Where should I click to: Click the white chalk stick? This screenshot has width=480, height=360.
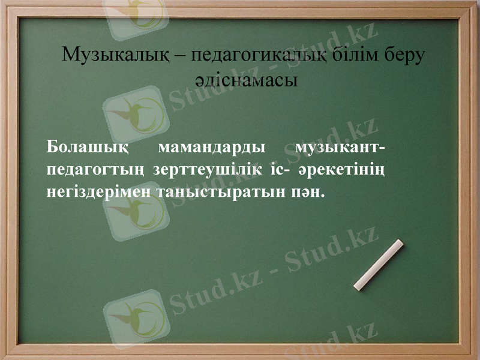click(379, 265)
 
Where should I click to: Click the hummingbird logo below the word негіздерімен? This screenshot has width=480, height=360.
click(136, 213)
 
